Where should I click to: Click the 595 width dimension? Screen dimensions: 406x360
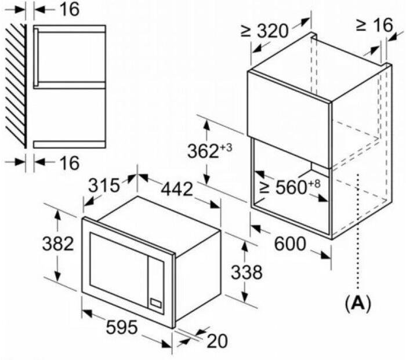(x=122, y=327)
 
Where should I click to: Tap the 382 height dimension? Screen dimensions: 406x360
(x=58, y=243)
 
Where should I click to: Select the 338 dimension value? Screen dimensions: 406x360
(x=246, y=272)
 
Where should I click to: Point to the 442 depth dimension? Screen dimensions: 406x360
(x=177, y=188)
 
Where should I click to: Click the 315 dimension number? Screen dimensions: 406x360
(x=104, y=186)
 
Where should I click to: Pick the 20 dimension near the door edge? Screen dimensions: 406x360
(x=217, y=341)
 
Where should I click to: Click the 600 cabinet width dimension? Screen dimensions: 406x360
(x=290, y=243)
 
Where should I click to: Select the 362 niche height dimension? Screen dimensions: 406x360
(x=203, y=151)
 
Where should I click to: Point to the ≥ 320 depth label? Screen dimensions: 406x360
(x=264, y=31)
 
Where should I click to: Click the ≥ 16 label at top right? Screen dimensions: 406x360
(x=375, y=26)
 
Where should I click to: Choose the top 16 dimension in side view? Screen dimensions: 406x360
(x=70, y=9)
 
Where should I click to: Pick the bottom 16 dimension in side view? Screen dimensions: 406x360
(x=70, y=163)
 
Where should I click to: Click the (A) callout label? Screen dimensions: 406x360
(x=358, y=303)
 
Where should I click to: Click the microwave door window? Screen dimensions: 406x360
(x=119, y=269)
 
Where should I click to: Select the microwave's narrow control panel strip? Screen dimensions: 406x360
(x=156, y=285)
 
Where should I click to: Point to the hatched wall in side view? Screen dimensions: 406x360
(x=16, y=86)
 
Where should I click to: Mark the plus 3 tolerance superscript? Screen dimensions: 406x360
(x=226, y=148)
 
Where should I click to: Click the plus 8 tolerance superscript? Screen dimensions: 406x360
(x=314, y=184)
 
